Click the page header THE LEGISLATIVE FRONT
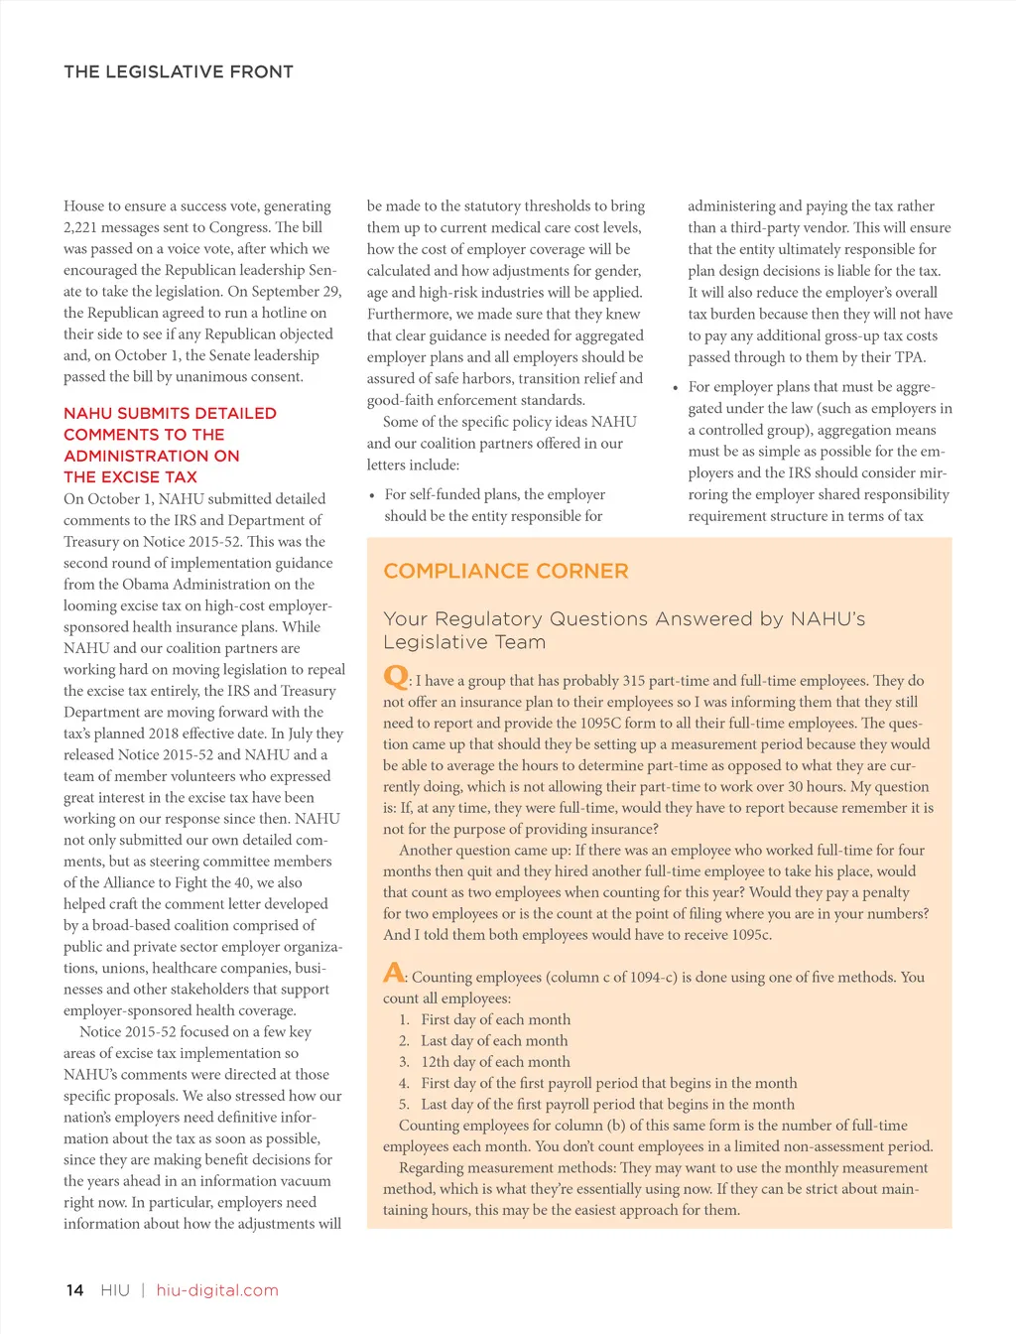click(179, 71)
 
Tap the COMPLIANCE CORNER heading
click(506, 571)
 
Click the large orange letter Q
click(395, 677)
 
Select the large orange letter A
click(394, 973)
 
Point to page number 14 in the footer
click(74, 1290)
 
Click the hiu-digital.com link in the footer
click(217, 1290)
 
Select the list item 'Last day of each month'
click(494, 1040)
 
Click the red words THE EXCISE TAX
click(130, 477)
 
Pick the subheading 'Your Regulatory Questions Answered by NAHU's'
click(624, 619)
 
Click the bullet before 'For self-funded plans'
click(372, 495)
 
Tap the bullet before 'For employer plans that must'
click(676, 388)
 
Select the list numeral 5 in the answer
click(404, 1105)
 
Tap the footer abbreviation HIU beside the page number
click(115, 1290)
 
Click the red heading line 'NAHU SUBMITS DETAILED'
click(170, 413)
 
